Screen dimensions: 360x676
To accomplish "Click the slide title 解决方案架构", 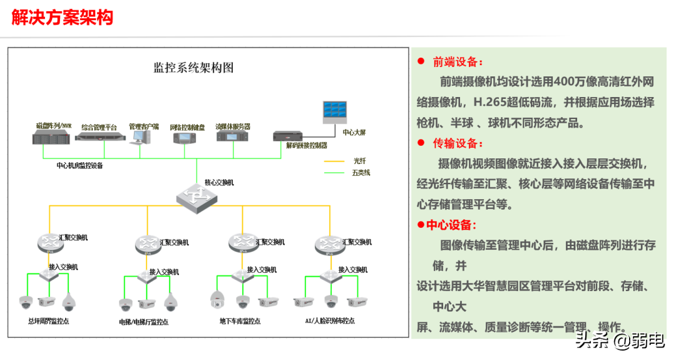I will [63, 17].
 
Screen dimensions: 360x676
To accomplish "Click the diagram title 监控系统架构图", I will [193, 68].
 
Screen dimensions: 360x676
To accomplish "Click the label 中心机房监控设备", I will [80, 166].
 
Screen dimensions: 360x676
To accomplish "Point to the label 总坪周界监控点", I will [49, 321].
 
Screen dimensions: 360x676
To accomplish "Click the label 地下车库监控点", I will [240, 321].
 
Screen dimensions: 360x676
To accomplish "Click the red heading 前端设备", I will [458, 62].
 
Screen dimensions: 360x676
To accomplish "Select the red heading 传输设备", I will [458, 143].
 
